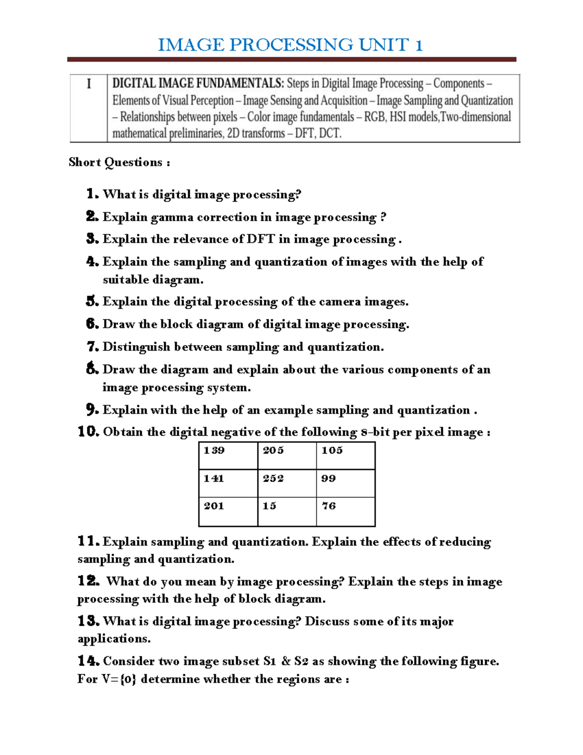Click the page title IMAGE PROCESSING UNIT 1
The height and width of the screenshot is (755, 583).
point(291,45)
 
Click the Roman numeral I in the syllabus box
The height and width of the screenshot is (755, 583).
point(88,84)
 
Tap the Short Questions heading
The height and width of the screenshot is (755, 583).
point(119,162)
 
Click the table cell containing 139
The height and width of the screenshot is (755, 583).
point(228,456)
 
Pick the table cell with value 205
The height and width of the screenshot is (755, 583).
point(287,456)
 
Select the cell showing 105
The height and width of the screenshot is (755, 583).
point(345,456)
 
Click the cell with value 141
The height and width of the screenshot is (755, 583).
point(228,483)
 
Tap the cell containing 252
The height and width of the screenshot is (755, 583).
point(287,483)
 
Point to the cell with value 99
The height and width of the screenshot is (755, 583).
point(345,483)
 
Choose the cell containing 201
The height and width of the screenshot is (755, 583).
point(228,511)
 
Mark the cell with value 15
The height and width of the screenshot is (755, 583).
point(287,511)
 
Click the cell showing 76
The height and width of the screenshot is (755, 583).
point(345,511)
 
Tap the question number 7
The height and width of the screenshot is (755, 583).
point(92,347)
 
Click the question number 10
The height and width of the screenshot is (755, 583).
point(88,432)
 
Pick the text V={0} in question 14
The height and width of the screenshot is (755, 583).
point(119,679)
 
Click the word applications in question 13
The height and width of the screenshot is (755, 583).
point(113,639)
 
